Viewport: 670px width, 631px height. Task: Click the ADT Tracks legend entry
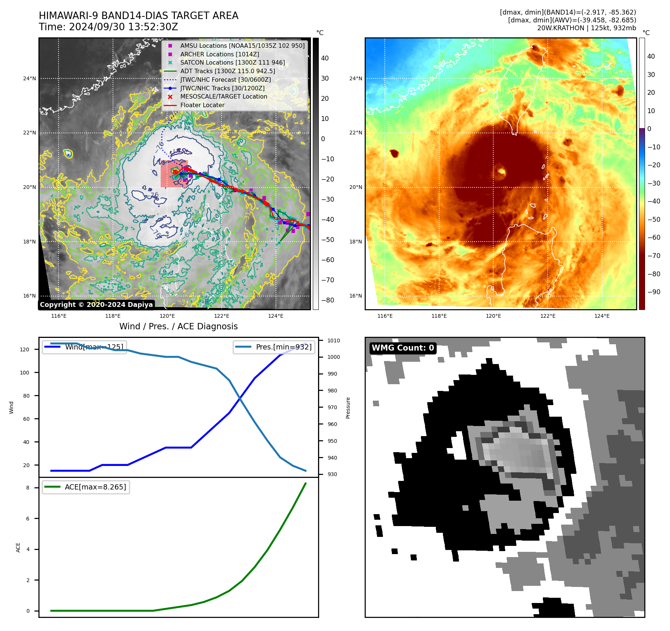pos(227,71)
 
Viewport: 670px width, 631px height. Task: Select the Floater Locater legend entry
pos(202,105)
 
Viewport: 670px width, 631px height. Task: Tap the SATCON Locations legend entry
pos(232,63)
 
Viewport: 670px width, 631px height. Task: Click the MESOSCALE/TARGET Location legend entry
pos(224,97)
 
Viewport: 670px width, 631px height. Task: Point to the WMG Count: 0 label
pos(403,348)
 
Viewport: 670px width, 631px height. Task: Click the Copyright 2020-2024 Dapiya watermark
pos(96,305)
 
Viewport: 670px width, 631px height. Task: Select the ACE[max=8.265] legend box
pos(86,487)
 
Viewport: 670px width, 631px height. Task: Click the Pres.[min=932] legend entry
pos(274,347)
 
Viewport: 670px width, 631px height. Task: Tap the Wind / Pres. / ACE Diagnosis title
pos(178,326)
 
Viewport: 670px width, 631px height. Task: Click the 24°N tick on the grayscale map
pos(30,78)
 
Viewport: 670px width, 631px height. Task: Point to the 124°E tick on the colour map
pos(602,316)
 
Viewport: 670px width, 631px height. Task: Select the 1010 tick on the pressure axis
pos(333,341)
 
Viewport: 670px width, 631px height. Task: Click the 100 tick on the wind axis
pos(25,373)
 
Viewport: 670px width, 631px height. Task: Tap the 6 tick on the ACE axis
pos(28,519)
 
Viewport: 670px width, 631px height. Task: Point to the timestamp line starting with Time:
pos(108,27)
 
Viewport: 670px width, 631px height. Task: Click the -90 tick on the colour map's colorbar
pos(654,292)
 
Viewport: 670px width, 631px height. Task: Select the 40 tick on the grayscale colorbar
pos(325,58)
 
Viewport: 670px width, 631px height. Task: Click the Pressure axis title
pos(348,408)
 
